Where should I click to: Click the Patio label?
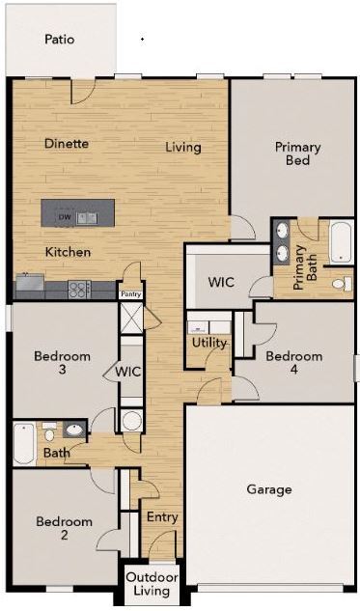coord(59,40)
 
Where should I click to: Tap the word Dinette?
coord(67,144)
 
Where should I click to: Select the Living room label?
coord(182,148)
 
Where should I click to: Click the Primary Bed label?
coord(297,153)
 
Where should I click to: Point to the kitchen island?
coord(77,212)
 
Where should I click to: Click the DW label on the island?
coord(64,217)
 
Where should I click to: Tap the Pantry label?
coord(129,294)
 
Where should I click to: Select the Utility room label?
coord(209,343)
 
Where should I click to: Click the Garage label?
coord(268,489)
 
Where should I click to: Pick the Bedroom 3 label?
coord(62,363)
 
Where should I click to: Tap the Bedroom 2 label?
coord(64,528)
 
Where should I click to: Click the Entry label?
coord(162,517)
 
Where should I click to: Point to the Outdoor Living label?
coord(152,584)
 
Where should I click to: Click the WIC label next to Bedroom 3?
coord(129,372)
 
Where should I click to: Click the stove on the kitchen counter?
coord(78,287)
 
